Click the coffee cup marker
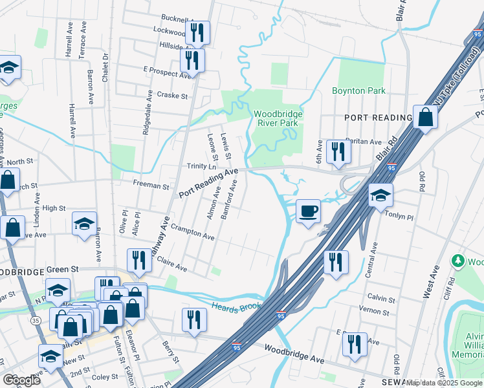[309, 211]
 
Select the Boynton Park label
[358, 91]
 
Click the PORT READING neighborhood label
[379, 118]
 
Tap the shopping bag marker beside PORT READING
[426, 118]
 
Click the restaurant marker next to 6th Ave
[338, 152]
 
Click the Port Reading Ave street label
[208, 183]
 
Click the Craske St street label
[171, 96]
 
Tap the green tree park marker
[459, 262]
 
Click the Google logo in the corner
[22, 380]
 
